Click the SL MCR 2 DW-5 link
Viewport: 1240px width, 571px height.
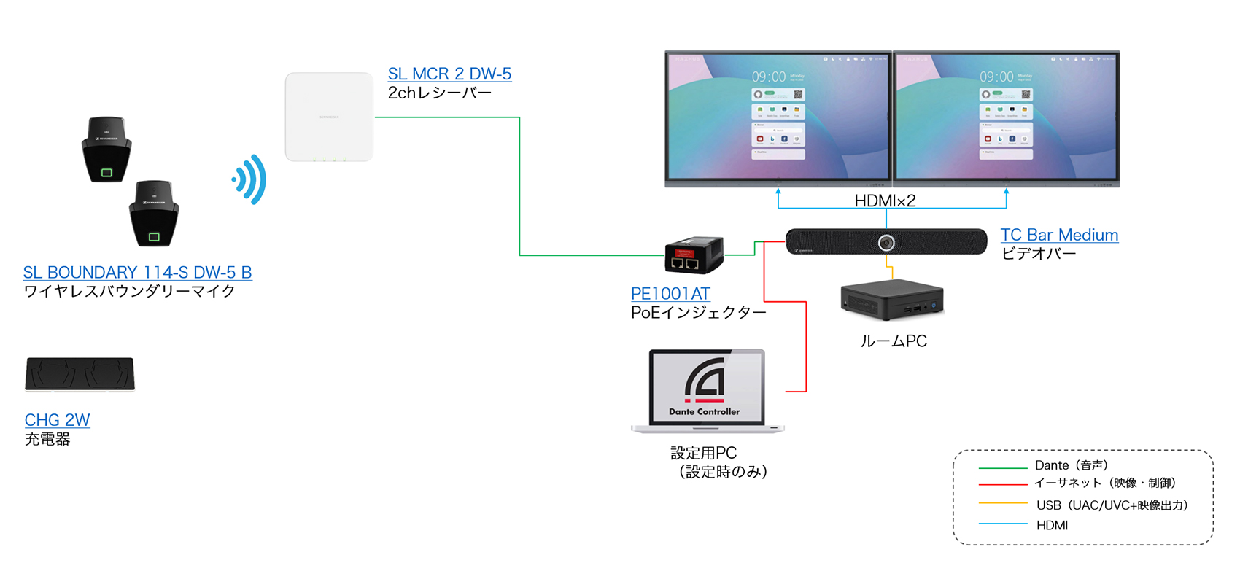coord(449,74)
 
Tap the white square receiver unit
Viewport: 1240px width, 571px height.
coord(329,117)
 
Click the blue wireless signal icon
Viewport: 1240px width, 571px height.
coord(250,179)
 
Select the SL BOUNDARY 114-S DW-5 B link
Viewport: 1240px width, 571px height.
coord(137,273)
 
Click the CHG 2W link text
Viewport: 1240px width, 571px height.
coord(57,421)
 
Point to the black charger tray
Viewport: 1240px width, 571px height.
coord(80,374)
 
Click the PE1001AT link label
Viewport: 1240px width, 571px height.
coord(670,294)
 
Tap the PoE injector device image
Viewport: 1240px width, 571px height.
coord(694,255)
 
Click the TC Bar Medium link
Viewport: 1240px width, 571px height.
coord(1059,236)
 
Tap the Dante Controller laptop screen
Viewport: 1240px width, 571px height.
coord(706,387)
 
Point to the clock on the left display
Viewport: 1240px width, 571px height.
coord(769,77)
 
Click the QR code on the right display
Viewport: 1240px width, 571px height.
coord(1026,95)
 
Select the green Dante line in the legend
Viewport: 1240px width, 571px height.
coord(1002,467)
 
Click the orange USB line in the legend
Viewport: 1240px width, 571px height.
coord(1002,503)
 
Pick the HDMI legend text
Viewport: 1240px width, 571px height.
coord(1052,526)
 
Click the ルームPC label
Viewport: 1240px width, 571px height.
coord(894,341)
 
